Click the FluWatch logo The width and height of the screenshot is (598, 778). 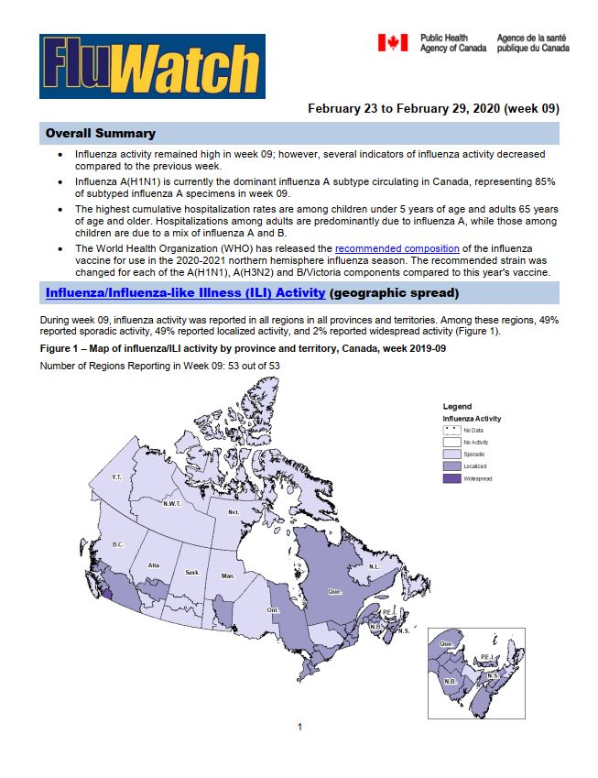(152, 66)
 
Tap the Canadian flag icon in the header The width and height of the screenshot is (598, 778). (393, 43)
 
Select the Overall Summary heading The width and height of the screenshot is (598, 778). (101, 134)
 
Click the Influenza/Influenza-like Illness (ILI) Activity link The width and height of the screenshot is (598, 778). (185, 293)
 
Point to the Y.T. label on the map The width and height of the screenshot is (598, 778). (116, 477)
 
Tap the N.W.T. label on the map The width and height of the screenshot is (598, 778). (171, 503)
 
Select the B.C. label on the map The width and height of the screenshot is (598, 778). (118, 544)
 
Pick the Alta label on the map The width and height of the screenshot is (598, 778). (154, 565)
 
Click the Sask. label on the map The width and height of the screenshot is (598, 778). (192, 573)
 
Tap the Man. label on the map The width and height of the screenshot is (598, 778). (228, 576)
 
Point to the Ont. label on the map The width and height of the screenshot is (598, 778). (273, 610)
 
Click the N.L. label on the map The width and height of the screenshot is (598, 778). (374, 566)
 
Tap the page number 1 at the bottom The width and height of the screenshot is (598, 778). (299, 727)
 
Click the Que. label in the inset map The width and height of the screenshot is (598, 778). (446, 644)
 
